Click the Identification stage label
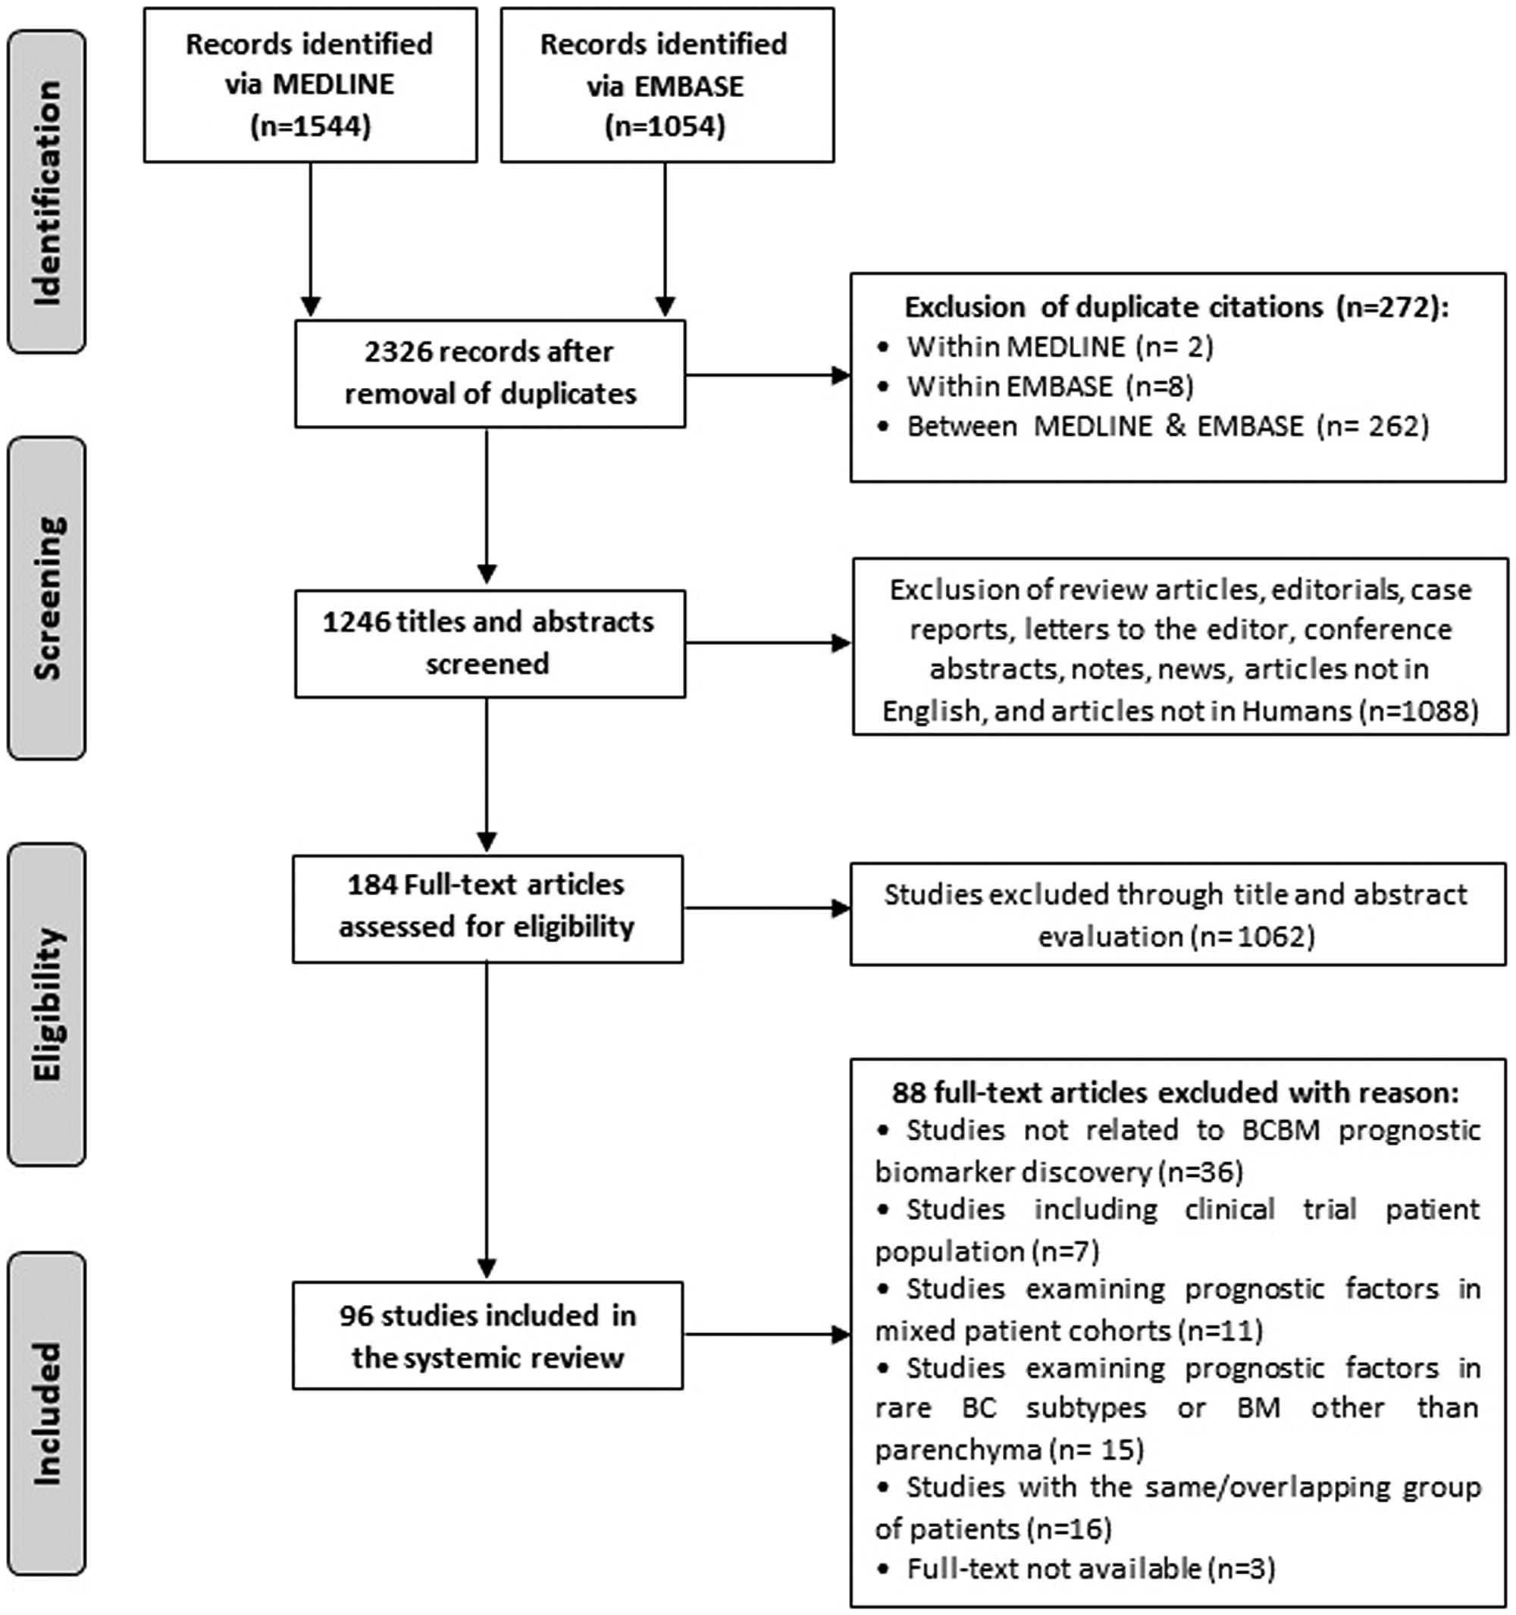coord(46,192)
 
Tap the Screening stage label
coord(46,598)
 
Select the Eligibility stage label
coord(46,1004)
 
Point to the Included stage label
coord(46,1413)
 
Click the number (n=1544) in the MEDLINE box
coord(310,126)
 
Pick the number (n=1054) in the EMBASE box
coord(665,126)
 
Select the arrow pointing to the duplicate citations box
coord(768,375)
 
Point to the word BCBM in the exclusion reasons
coord(1280,1130)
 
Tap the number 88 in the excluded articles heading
coord(908,1093)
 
